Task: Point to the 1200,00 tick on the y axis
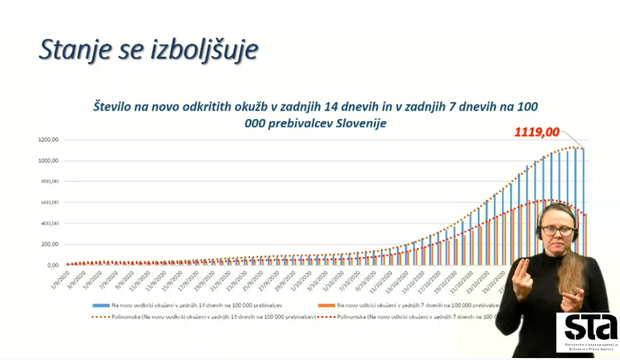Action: coord(49,140)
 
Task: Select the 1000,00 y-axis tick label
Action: coord(49,161)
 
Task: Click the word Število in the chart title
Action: coord(115,105)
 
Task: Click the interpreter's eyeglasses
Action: coord(556,231)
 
